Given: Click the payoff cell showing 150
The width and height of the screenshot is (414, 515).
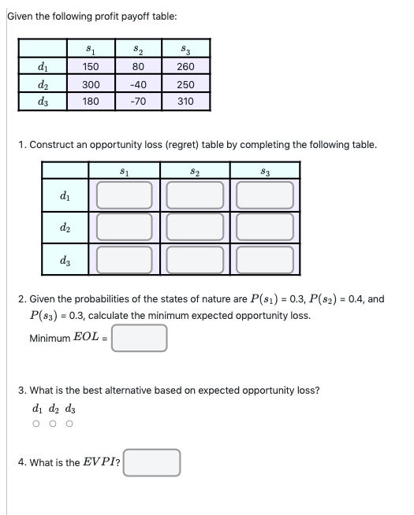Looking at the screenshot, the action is pyautogui.click(x=91, y=68).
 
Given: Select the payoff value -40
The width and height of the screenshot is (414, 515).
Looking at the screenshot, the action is pyautogui.click(x=139, y=85).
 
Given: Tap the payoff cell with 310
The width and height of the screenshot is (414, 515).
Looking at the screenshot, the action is pyautogui.click(x=186, y=102).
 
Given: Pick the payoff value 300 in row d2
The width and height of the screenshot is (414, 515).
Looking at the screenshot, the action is pyautogui.click(x=91, y=85).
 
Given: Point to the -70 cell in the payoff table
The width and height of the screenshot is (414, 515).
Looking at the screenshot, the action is pyautogui.click(x=139, y=102).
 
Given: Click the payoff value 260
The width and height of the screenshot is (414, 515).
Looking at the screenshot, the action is pyautogui.click(x=186, y=68).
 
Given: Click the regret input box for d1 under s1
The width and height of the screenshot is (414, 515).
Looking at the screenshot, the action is pyautogui.click(x=124, y=195).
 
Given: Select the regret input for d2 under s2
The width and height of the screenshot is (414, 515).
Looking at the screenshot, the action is pyautogui.click(x=195, y=228).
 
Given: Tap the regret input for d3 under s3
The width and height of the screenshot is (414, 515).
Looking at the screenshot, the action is pyautogui.click(x=265, y=259).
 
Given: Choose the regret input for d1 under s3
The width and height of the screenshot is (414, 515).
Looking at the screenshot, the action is pyautogui.click(x=265, y=195).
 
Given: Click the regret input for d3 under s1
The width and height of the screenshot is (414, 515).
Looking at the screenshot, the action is pyautogui.click(x=124, y=259).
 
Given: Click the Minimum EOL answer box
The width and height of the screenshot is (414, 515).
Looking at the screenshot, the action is pyautogui.click(x=140, y=339).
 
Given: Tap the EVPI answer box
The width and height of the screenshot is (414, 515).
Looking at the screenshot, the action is pyautogui.click(x=152, y=462).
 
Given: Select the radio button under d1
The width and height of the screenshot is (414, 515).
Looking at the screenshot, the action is pyautogui.click(x=36, y=424).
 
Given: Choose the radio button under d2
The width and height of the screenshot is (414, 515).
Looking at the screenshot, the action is pyautogui.click(x=53, y=424).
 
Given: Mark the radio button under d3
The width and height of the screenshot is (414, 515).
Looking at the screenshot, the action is pyautogui.click(x=69, y=424).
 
